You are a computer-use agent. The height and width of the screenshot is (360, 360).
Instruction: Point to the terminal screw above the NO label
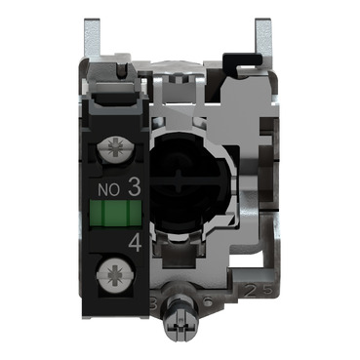tap(120, 150)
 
